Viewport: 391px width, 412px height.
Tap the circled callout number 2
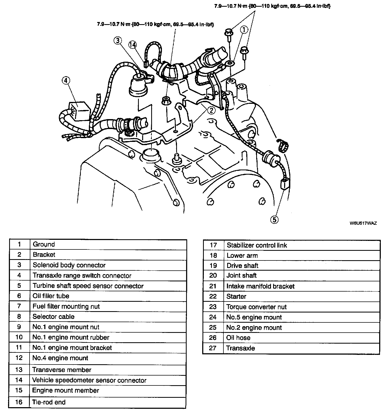(211, 110)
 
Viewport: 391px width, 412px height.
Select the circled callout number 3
(118, 41)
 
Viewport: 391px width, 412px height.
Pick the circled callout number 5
(274, 220)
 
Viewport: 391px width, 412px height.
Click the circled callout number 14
(132, 45)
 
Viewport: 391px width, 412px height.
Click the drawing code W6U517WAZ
(363, 223)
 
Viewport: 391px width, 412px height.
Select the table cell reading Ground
(44, 244)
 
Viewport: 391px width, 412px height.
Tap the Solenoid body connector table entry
(69, 265)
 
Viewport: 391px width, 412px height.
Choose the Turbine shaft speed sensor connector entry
(88, 286)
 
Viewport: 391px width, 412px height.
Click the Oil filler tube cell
(51, 296)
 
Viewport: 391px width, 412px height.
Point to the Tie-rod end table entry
(49, 402)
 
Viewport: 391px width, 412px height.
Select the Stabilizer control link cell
(257, 245)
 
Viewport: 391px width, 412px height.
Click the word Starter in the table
(236, 296)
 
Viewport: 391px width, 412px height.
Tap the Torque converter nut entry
(256, 307)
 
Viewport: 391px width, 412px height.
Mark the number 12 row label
(19, 358)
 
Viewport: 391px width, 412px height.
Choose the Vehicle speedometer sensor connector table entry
(89, 380)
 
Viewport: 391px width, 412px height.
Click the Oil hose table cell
(238, 338)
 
